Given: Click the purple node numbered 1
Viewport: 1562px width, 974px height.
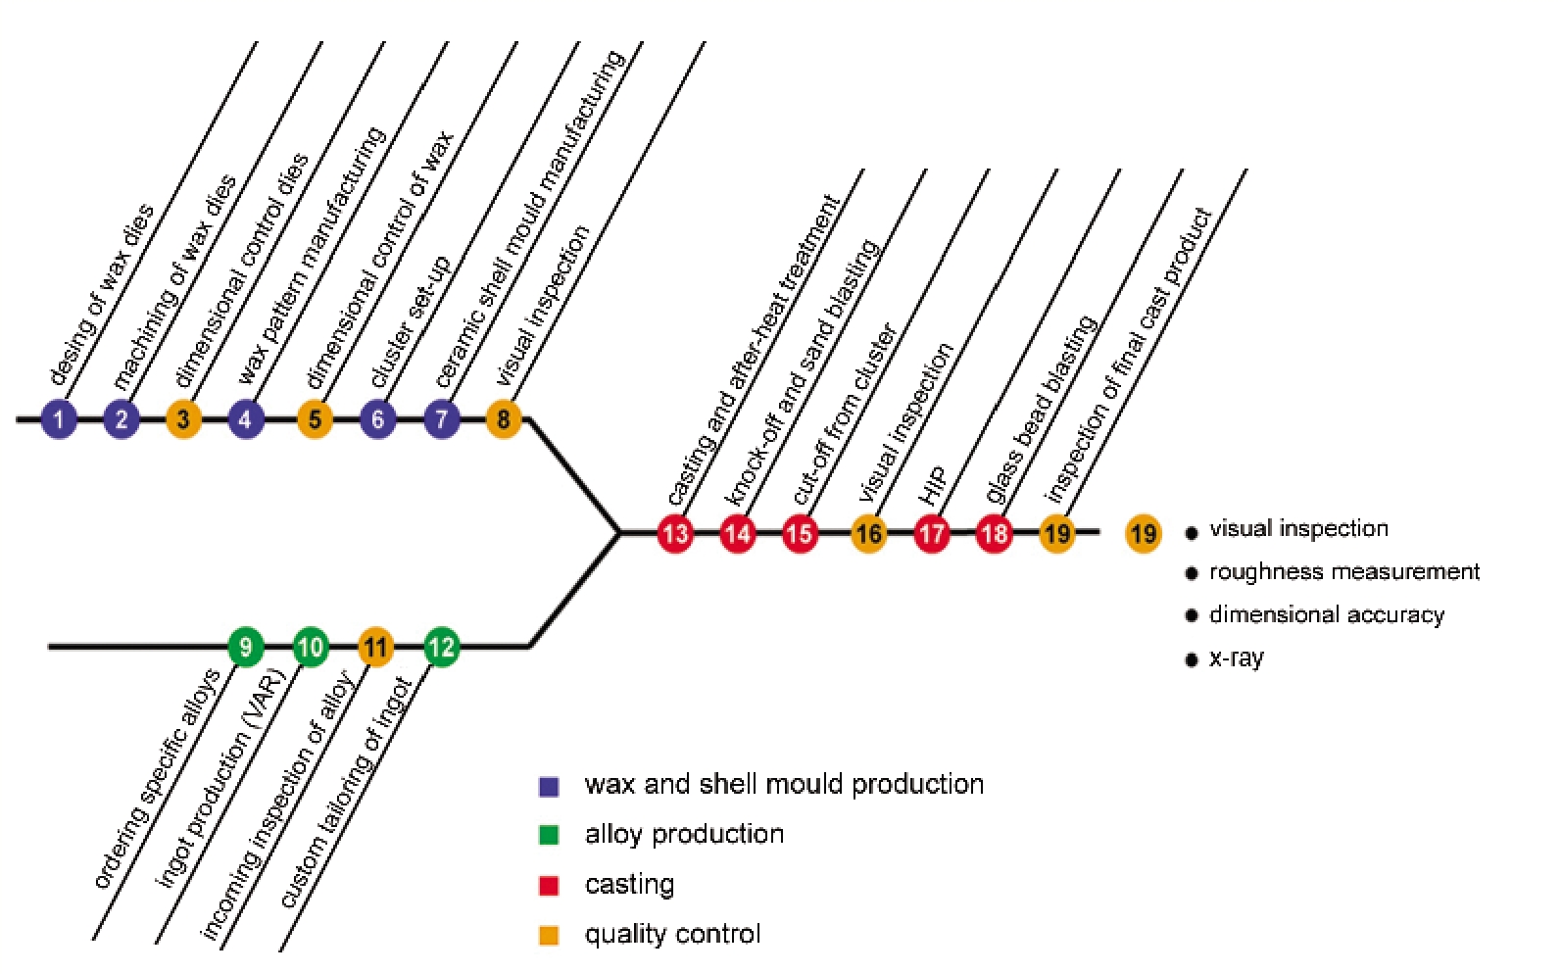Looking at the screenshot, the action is click(x=59, y=419).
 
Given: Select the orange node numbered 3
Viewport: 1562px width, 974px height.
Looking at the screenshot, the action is click(x=183, y=419).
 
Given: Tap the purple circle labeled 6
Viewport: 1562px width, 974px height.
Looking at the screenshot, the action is click(x=378, y=419).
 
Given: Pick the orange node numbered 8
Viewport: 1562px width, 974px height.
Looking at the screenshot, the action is click(x=504, y=419).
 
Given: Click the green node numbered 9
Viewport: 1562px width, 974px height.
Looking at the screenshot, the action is click(x=246, y=647).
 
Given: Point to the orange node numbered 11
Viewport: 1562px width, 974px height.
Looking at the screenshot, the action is click(x=376, y=647).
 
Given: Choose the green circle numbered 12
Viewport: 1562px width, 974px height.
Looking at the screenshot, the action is click(x=441, y=647).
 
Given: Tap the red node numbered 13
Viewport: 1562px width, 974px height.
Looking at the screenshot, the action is click(x=676, y=534).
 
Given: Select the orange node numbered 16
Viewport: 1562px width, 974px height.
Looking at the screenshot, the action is click(x=869, y=534).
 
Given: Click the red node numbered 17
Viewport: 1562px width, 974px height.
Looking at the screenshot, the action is click(x=932, y=534).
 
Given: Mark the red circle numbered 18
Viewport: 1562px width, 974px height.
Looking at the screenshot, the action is click(x=994, y=534).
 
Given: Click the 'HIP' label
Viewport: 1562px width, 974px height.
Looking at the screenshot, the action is click(x=933, y=485).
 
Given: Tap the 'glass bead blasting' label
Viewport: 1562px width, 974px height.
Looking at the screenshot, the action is click(x=1040, y=410).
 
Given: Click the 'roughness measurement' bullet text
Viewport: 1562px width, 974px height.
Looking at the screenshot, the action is click(x=1343, y=571).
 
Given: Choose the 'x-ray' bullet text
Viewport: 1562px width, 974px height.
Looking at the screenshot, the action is click(x=1237, y=657).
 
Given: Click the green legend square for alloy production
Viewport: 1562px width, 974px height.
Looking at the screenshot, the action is click(x=549, y=835).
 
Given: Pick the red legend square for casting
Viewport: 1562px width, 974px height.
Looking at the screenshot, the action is click(x=549, y=886).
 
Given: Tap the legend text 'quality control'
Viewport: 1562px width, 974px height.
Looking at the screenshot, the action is click(x=672, y=934).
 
